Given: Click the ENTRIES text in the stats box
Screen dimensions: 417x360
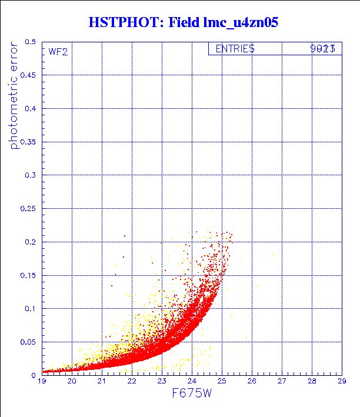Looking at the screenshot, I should pyautogui.click(x=235, y=49).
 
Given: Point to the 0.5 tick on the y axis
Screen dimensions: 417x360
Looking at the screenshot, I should pyautogui.click(x=30, y=42).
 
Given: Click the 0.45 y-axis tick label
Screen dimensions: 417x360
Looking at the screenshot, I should pyautogui.click(x=28, y=75).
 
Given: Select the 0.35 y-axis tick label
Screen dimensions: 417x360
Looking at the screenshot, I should pyautogui.click(x=28, y=142).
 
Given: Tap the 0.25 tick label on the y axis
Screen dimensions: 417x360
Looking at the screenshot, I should pyautogui.click(x=28, y=209).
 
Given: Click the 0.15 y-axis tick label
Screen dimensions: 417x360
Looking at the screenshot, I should pyautogui.click(x=28, y=275).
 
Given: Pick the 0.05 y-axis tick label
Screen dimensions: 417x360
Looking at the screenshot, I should pyautogui.click(x=28, y=342).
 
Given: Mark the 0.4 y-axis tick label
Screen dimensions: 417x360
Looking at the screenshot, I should pyautogui.click(x=30, y=109).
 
